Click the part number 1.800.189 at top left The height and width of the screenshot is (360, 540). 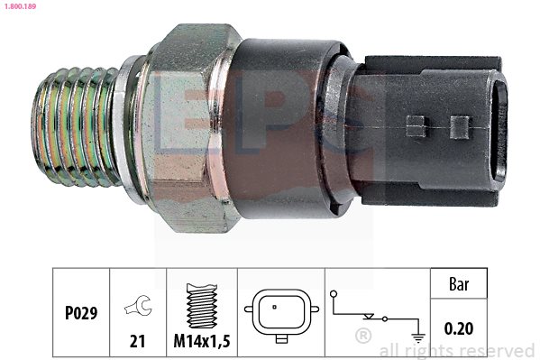coord(20,6)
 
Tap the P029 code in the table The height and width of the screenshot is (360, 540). coord(81,313)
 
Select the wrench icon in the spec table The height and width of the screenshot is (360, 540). coord(138,305)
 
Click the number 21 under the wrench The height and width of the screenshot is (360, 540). coord(137,341)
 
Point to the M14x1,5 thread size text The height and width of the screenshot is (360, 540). coord(201,341)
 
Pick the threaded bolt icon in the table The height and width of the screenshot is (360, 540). coord(202,306)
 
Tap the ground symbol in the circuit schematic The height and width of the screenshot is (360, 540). coord(418,337)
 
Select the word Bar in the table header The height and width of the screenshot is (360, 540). coord(459,284)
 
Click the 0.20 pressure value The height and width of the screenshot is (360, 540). coord(459,328)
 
